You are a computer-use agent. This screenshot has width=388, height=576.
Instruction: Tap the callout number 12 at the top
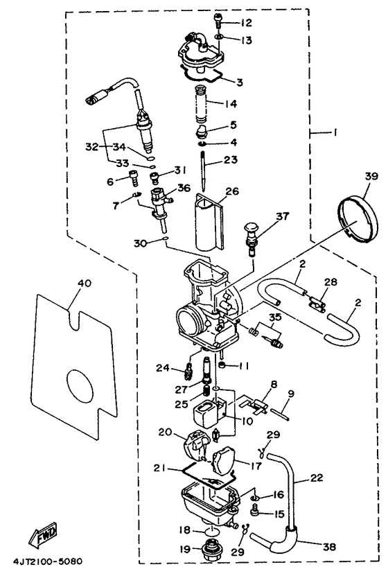point(247,23)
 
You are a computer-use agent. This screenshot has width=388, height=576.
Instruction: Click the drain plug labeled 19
point(209,552)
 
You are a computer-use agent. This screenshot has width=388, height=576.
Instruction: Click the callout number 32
point(91,147)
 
